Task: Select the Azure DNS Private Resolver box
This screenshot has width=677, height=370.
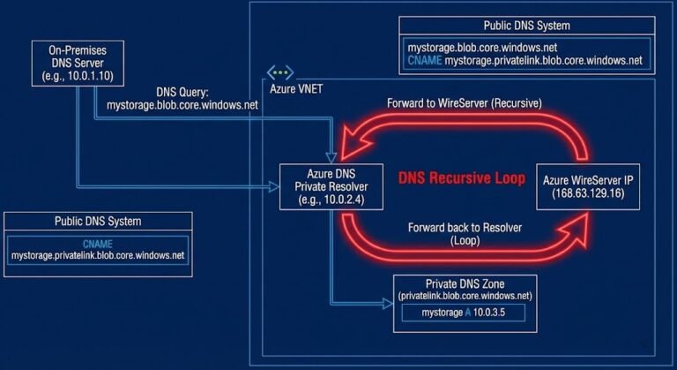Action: (331, 185)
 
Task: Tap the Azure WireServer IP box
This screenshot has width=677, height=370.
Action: (589, 185)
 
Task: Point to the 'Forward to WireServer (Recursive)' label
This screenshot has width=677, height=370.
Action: (464, 103)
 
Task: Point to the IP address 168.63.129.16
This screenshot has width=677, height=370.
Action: (589, 193)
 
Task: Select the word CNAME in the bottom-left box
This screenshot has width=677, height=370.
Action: (98, 242)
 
